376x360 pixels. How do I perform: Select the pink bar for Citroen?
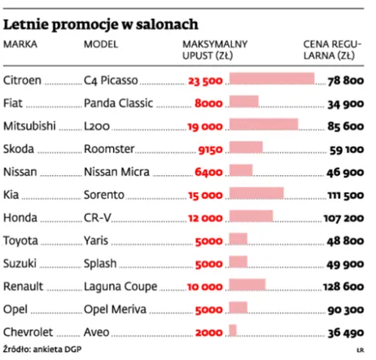pos(272,79)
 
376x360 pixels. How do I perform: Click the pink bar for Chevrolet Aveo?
pos(233,331)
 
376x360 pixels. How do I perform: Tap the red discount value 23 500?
pos(204,80)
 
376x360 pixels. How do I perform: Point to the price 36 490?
pos(345,331)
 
